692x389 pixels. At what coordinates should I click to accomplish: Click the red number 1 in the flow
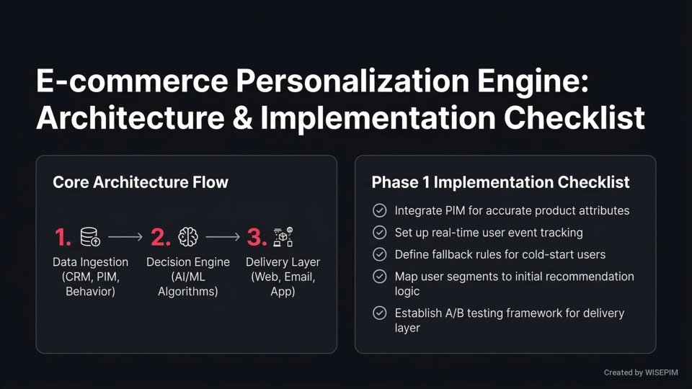pos(63,237)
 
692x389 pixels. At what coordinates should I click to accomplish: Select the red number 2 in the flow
pos(160,237)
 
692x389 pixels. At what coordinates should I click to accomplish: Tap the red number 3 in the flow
pos(257,237)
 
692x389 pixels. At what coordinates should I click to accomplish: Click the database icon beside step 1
pos(91,237)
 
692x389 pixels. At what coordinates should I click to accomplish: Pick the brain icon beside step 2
pos(188,237)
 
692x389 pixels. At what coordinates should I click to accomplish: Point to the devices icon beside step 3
pos(283,237)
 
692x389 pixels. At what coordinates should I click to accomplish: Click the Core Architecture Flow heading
pos(141,182)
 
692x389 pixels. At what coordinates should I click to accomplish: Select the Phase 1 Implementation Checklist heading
pos(500,182)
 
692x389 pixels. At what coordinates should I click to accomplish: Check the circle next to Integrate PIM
pos(379,211)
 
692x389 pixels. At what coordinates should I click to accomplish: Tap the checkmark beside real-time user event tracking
pos(379,233)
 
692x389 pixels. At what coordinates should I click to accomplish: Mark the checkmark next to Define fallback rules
pos(379,254)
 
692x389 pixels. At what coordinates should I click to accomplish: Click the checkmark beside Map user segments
pos(379,277)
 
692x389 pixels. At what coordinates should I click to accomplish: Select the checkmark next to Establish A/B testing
pos(379,313)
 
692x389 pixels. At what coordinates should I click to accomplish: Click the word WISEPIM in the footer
pos(664,372)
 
